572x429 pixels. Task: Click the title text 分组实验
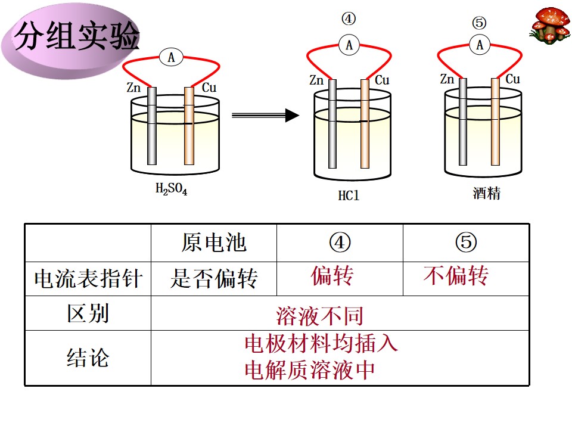pos(77,35)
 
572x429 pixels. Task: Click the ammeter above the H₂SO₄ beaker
pos(171,57)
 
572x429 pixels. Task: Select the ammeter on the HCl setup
pos(349,45)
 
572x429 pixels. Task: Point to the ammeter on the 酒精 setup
pos(479,45)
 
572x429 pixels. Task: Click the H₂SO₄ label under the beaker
pos(171,189)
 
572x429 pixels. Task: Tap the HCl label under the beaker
pos(349,195)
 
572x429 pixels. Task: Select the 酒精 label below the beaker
pos(486,193)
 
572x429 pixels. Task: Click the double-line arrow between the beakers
pos(265,116)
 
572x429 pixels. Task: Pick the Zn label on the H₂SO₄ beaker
pos(133,88)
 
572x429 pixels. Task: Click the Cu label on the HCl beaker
pos(382,80)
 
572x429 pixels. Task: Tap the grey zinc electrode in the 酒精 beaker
pos(462,122)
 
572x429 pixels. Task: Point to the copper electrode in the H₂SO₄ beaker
pos(189,126)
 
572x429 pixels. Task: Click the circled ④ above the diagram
pos(349,18)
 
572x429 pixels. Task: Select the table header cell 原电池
pos(214,243)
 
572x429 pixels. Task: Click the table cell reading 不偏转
pos(456,275)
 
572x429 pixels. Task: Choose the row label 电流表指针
pos(88,279)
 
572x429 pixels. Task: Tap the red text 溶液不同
pos(319,316)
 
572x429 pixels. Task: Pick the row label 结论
pos(88,357)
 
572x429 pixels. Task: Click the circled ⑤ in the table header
pos(466,243)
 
